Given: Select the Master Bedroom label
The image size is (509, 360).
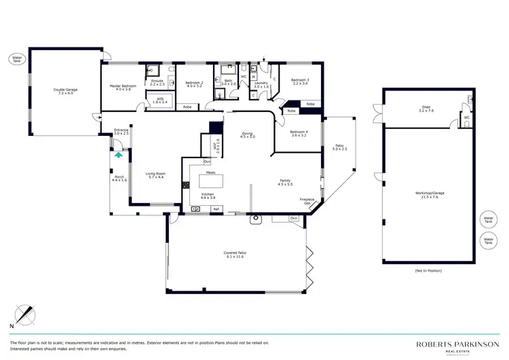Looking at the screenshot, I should point(123,88).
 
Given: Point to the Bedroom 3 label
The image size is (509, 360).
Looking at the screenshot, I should point(299,82).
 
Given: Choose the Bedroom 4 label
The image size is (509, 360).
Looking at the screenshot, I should point(299,133).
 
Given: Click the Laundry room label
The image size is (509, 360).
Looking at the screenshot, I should point(261,85).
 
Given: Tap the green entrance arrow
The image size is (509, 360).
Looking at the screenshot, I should point(119,155).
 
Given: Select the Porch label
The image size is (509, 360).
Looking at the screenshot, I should point(119,179).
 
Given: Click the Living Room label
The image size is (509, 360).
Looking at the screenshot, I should point(155,175).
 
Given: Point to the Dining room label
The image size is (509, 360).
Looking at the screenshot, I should point(247,135).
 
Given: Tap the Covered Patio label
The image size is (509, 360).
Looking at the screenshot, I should point(233,255).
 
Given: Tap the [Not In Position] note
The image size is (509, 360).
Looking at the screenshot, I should point(428,270).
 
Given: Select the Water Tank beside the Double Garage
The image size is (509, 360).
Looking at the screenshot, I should point(17,58).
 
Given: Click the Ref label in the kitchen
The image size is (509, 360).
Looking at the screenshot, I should point(216,209).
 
